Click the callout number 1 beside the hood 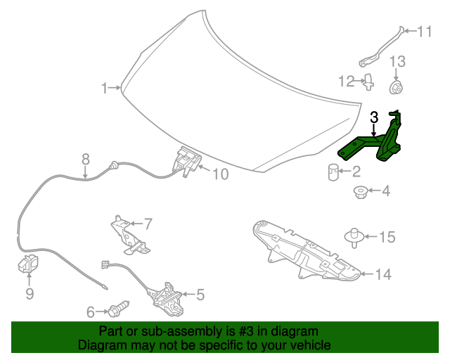tap(105, 88)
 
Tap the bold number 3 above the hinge tap(374, 117)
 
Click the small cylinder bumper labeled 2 tap(333, 172)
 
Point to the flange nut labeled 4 tap(360, 192)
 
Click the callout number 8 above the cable tap(86, 160)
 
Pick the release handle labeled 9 tap(28, 264)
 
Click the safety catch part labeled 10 tap(186, 161)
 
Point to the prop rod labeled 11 tap(382, 47)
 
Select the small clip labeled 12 tap(368, 82)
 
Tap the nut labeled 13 tap(396, 87)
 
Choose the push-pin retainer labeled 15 tap(354, 238)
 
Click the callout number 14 tap(383, 274)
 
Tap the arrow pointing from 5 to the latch tap(188, 294)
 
